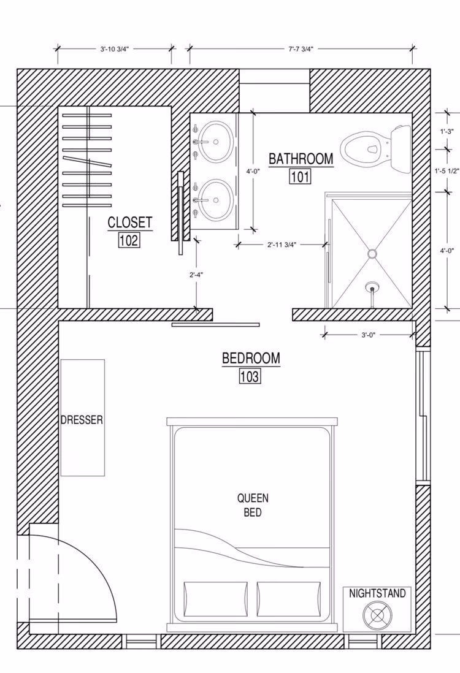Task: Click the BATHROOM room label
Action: coord(301,158)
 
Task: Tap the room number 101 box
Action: coord(300,177)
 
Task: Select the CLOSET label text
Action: coord(129,222)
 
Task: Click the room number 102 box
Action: coord(129,240)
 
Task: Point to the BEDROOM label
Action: coord(251,358)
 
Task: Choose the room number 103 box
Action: coord(250,376)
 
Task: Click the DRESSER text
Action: coord(82,419)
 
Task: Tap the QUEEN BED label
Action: coord(253,505)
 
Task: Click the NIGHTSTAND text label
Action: coord(377,593)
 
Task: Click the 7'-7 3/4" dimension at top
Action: coord(301,49)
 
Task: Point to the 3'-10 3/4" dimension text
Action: coord(114,49)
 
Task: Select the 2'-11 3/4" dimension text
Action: coord(282,245)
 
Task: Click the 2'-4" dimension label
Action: coord(196,275)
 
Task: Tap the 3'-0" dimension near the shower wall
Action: coord(369,335)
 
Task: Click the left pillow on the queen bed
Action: coord(216,599)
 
